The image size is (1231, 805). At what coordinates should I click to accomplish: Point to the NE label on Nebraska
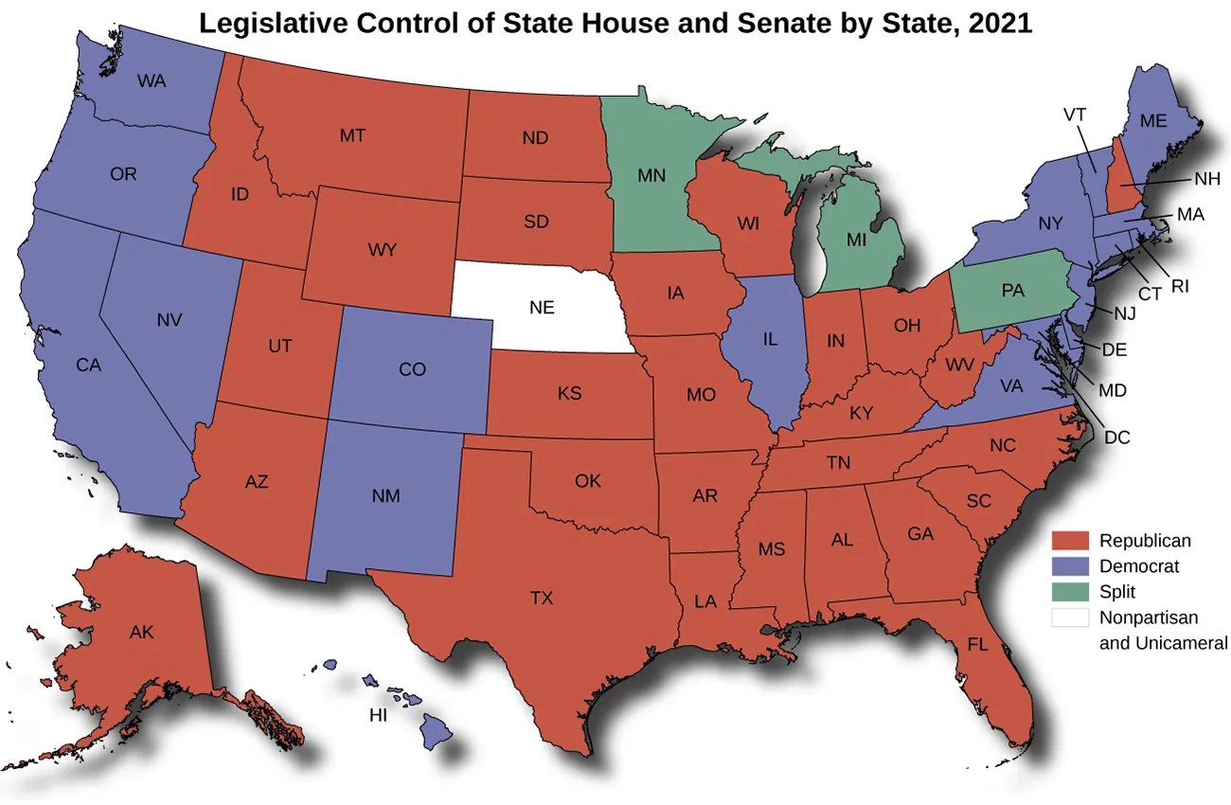pyautogui.click(x=542, y=307)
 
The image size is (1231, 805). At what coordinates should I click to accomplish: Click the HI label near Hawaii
pyautogui.click(x=378, y=716)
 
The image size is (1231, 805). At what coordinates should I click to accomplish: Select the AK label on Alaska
pyautogui.click(x=142, y=631)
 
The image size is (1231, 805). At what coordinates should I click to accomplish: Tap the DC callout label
pyautogui.click(x=1117, y=438)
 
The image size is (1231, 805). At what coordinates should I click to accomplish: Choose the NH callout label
pyautogui.click(x=1206, y=178)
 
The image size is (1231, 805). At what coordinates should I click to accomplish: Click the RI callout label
pyautogui.click(x=1180, y=285)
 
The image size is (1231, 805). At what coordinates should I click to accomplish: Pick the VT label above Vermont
pyautogui.click(x=1074, y=115)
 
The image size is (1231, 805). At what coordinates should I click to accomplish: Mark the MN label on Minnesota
pyautogui.click(x=651, y=175)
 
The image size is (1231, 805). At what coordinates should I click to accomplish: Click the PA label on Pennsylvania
pyautogui.click(x=1013, y=291)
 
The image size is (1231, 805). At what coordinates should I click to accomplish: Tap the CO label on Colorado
pyautogui.click(x=412, y=369)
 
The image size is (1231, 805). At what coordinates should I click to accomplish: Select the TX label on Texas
pyautogui.click(x=541, y=598)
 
